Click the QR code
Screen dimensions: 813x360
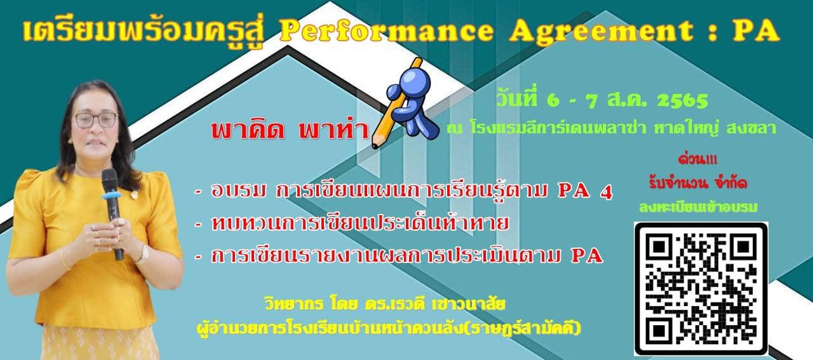(x=701, y=289)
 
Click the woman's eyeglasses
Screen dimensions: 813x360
(x=96, y=120)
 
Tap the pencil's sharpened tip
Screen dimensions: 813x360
(x=375, y=145)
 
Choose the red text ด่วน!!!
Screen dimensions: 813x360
(x=697, y=159)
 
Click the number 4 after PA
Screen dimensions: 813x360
(x=606, y=192)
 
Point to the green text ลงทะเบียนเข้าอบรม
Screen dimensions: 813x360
(x=698, y=207)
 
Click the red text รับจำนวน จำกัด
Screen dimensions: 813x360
(x=698, y=183)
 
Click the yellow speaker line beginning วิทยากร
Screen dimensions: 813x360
(x=385, y=304)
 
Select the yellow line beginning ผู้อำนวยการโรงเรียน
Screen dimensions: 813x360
(x=388, y=328)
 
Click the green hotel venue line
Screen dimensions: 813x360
(x=611, y=128)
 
